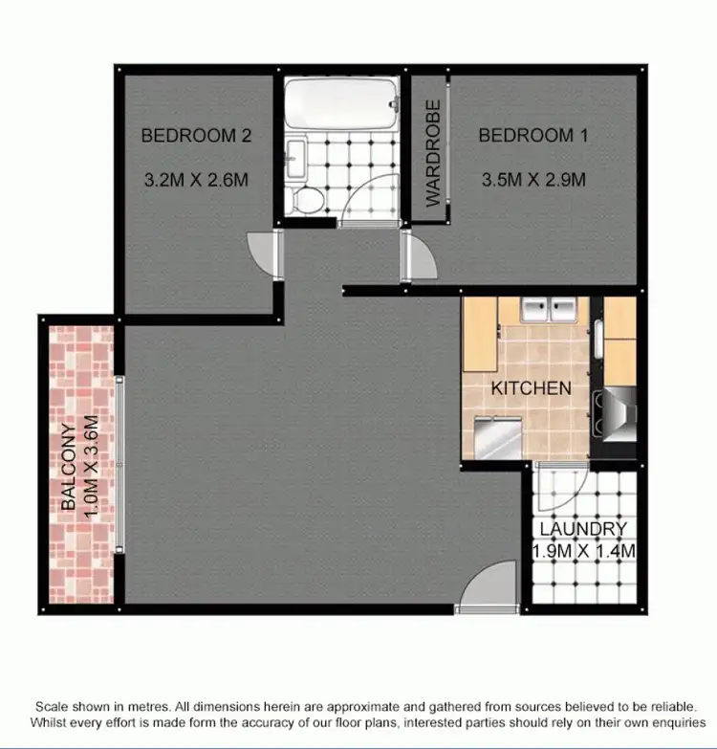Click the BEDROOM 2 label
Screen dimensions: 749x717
click(x=196, y=136)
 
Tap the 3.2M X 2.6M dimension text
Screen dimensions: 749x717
click(x=196, y=179)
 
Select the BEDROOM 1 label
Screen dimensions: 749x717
click(x=532, y=136)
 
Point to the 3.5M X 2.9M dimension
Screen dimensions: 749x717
click(x=532, y=179)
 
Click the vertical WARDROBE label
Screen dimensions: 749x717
click(x=433, y=153)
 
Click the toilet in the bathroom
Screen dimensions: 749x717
click(x=309, y=199)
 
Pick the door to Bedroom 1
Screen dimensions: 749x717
click(x=418, y=255)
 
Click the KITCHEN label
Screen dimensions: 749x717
click(x=531, y=388)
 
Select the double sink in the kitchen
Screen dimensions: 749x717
click(x=549, y=310)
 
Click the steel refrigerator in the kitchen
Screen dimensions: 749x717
click(x=498, y=439)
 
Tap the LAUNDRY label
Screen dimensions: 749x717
click(x=581, y=529)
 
